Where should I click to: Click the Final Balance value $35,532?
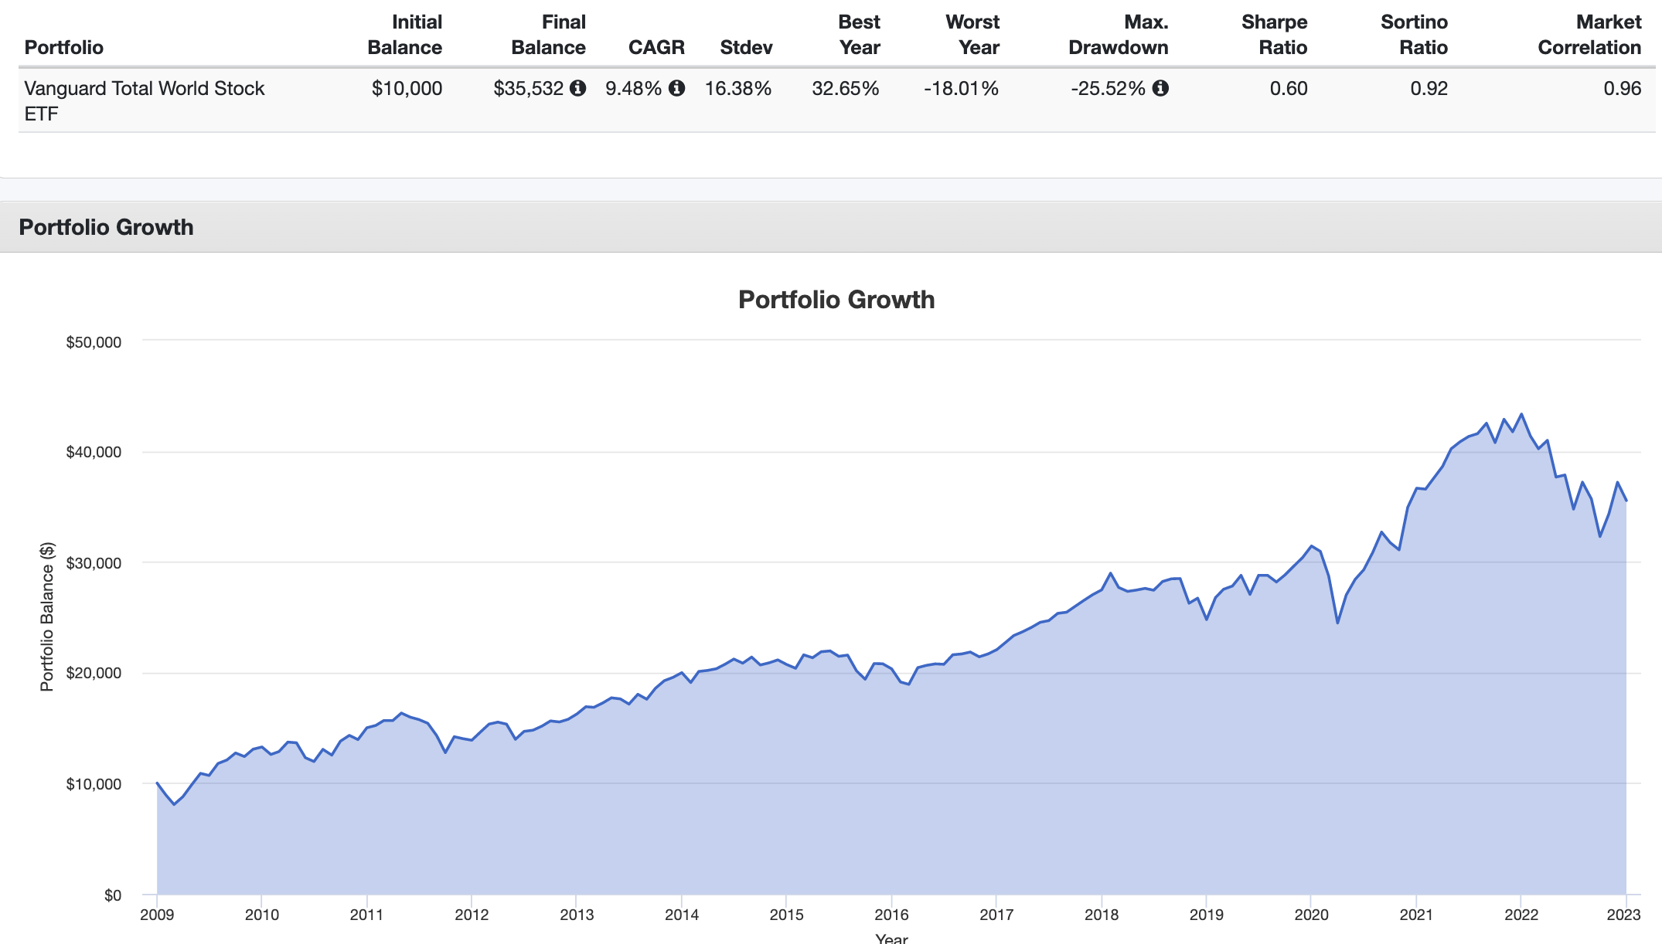[529, 89]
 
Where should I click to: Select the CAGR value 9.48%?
[633, 89]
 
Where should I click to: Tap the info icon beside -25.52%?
[1160, 88]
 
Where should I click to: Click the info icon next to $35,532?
[577, 88]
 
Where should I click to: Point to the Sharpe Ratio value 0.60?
[1288, 89]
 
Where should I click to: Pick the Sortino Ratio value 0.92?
[1429, 89]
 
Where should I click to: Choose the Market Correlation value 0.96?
[1622, 89]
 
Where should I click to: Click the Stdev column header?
[746, 48]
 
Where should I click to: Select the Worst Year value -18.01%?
[961, 89]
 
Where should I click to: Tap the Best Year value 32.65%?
[845, 89]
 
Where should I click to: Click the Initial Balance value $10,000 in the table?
[407, 89]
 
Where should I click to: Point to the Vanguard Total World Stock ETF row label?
[145, 100]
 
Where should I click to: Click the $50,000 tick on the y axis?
[94, 342]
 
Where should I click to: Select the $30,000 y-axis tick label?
[94, 563]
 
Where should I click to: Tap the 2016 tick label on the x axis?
[891, 915]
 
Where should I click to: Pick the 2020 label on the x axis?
[1311, 915]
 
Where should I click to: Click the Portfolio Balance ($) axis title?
[47, 616]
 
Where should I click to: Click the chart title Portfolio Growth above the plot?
[836, 300]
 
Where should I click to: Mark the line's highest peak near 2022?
[1521, 414]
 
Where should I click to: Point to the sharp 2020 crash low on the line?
[1337, 623]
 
